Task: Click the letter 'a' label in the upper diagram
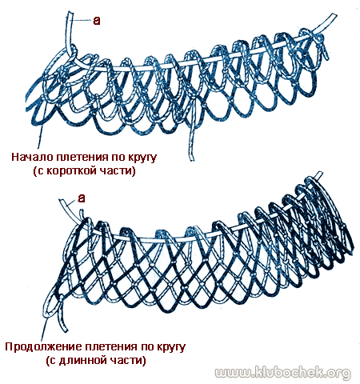point(97,21)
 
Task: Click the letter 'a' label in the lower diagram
point(82,198)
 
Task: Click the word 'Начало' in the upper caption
point(32,157)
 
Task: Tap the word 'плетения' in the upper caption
point(82,158)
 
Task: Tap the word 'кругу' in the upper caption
point(142,158)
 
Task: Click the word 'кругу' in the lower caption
point(170,348)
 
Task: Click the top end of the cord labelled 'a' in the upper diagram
point(70,13)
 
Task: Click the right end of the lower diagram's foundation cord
point(319,174)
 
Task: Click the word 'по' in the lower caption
point(146,348)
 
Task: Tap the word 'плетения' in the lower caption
point(110,348)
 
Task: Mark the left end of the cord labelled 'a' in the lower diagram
point(61,201)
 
